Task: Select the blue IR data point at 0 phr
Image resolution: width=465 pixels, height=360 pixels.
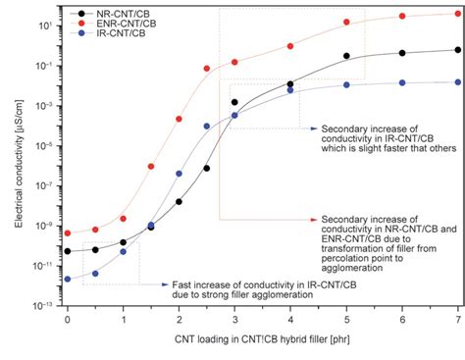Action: (67, 280)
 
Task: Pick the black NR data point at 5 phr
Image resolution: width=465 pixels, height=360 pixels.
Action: (346, 57)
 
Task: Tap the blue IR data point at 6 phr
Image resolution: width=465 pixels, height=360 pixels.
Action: (402, 83)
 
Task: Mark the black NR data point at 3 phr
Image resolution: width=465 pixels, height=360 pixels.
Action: (234, 102)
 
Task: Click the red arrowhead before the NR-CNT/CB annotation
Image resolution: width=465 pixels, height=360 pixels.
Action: (312, 220)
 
